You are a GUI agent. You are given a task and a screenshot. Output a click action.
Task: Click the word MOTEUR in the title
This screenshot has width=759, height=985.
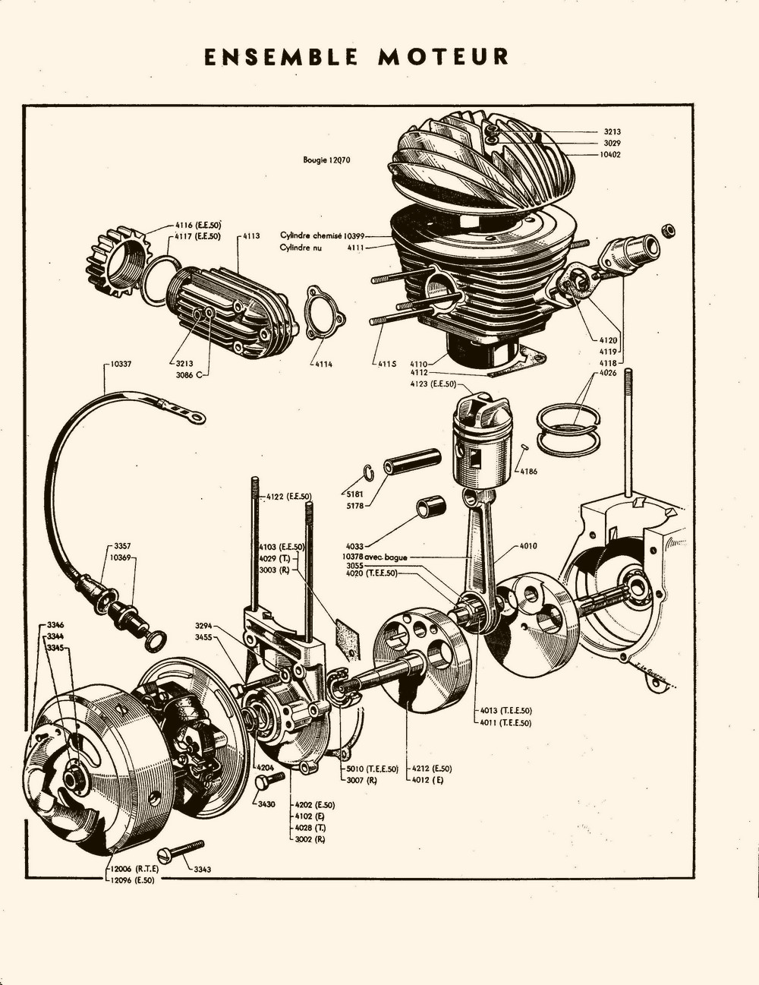point(444,58)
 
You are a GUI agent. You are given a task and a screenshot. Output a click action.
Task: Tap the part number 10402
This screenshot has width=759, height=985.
point(610,155)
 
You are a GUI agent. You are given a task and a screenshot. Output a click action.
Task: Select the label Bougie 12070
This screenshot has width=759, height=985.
point(326,160)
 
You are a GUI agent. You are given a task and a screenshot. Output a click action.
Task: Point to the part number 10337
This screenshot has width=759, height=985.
point(120,365)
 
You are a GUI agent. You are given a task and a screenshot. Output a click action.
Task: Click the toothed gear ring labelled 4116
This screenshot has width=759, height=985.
point(115,259)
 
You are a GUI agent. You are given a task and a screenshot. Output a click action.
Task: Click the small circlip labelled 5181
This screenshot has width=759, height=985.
point(367,472)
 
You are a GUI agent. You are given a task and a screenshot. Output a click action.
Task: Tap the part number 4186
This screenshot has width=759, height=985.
point(529,472)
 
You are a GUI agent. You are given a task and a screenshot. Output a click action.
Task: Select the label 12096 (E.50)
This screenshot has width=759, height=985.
point(131,880)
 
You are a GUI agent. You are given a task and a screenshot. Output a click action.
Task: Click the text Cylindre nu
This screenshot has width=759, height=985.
point(301,248)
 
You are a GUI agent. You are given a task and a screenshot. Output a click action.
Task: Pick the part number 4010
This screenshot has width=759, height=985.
point(528,545)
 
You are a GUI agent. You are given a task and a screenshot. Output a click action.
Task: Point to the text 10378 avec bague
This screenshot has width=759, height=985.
point(374,557)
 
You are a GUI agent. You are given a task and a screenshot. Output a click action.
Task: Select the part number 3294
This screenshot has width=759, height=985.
point(203,624)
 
